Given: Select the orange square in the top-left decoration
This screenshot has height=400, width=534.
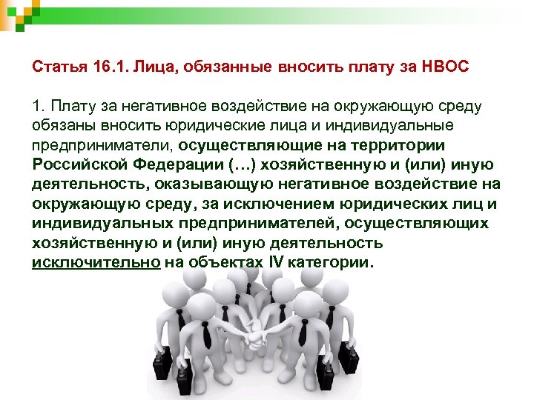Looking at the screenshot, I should [x=16, y=7].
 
